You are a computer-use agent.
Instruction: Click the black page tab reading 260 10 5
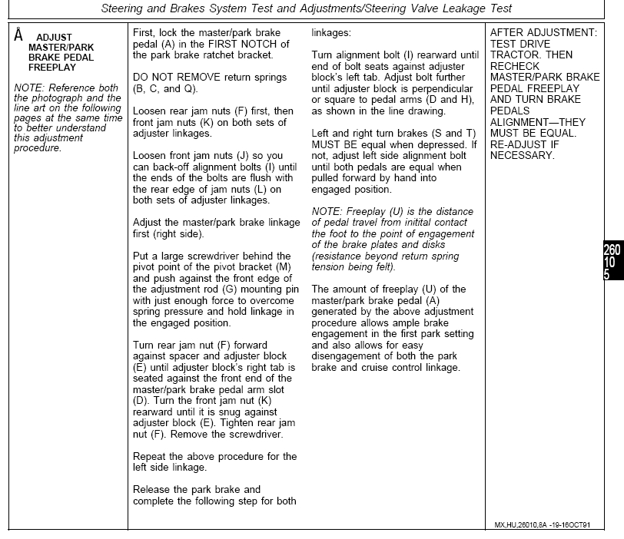click(x=612, y=262)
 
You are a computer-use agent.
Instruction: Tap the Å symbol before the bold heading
click(x=18, y=35)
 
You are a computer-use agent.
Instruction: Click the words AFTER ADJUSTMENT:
click(x=543, y=33)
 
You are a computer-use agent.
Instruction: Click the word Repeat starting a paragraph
click(x=151, y=456)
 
